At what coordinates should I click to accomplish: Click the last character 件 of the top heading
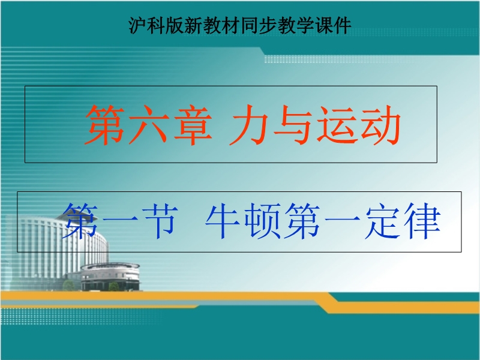tap(343, 25)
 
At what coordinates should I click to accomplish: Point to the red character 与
tap(293, 124)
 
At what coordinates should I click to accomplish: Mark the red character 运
tap(337, 124)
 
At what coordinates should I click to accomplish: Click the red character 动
tap(381, 124)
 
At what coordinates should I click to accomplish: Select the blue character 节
tap(160, 221)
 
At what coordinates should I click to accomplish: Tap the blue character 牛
tap(223, 221)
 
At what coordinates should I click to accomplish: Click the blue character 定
tap(382, 221)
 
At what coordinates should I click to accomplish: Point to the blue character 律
tap(422, 221)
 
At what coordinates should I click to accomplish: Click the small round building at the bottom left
tap(110, 277)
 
